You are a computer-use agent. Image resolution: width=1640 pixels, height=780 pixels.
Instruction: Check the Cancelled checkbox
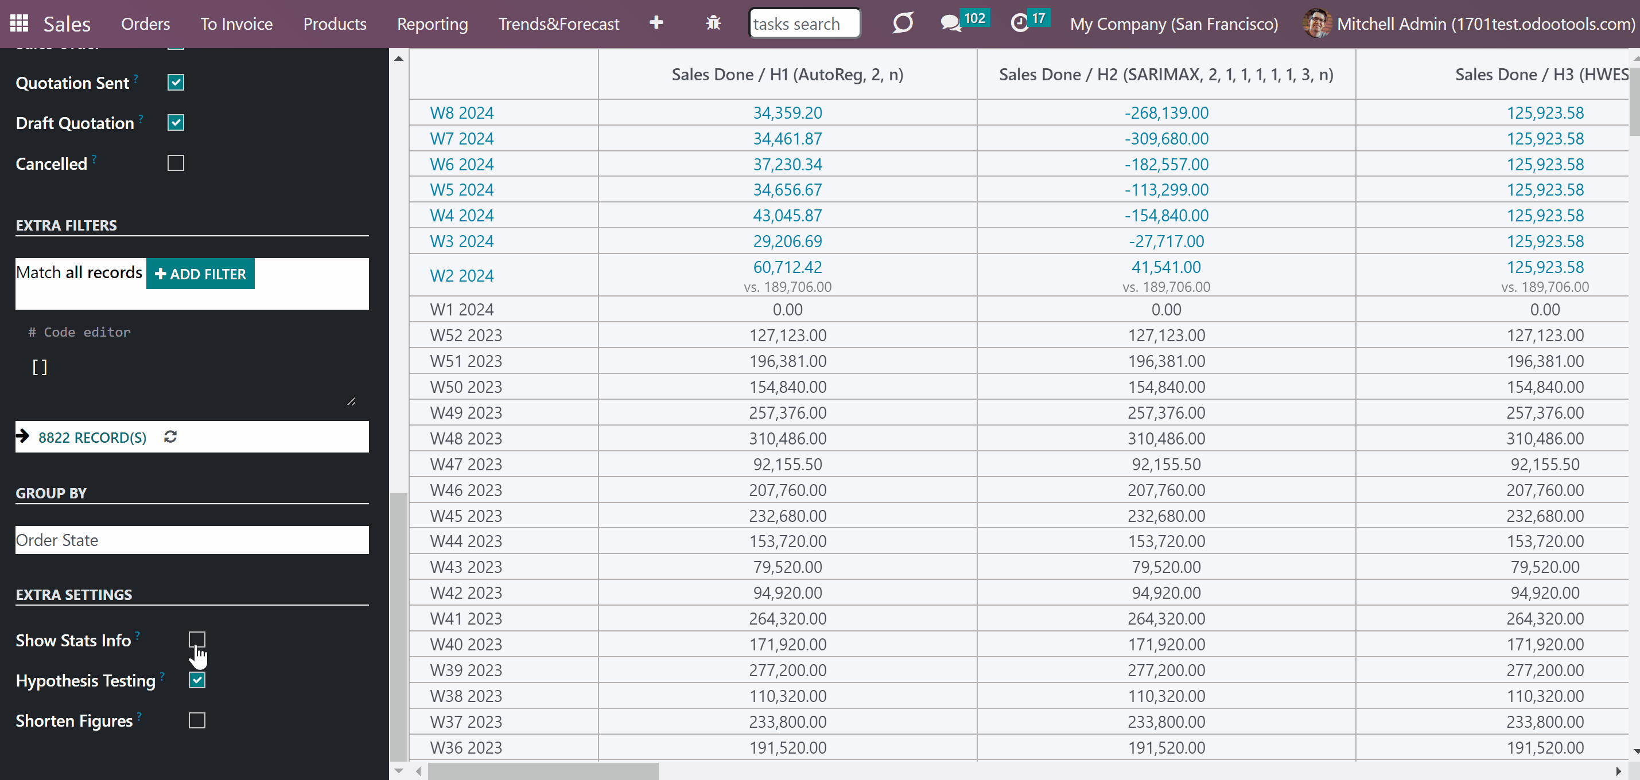pos(176,163)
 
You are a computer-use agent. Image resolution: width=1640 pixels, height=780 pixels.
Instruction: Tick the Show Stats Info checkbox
pos(197,639)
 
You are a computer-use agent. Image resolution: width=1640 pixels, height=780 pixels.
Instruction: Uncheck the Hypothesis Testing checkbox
pos(197,680)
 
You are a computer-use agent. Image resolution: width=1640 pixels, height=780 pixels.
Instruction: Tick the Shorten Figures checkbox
pos(197,720)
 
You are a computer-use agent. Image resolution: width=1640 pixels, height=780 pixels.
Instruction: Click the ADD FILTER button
pos(200,274)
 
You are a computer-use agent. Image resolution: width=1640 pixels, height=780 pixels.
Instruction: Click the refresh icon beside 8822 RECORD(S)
pos(170,436)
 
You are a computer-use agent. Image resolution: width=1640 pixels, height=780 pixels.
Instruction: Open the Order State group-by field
pos(192,540)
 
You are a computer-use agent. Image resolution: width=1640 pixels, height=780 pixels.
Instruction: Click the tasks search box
pos(805,24)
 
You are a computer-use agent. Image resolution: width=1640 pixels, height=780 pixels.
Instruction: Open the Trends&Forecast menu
pos(558,24)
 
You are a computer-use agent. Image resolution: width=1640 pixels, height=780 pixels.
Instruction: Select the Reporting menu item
pos(432,24)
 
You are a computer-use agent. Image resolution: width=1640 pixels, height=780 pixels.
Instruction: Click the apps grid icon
pos(19,24)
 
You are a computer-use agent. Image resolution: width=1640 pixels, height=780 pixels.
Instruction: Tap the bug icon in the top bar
pos(713,24)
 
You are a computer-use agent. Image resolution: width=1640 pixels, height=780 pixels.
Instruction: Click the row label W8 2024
pos(461,112)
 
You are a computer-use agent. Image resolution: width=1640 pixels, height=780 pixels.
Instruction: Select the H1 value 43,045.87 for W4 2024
pos(787,216)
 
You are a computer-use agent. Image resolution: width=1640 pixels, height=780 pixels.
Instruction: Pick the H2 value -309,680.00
pos(1167,139)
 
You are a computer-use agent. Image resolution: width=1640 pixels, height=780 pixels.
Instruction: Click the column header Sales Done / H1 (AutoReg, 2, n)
pos(787,75)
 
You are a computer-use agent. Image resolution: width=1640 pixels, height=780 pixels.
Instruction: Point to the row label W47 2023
pos(466,465)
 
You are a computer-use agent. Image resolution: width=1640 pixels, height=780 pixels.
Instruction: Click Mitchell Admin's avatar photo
pos(1316,24)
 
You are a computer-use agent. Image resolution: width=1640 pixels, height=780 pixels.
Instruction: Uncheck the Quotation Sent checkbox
pos(176,83)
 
